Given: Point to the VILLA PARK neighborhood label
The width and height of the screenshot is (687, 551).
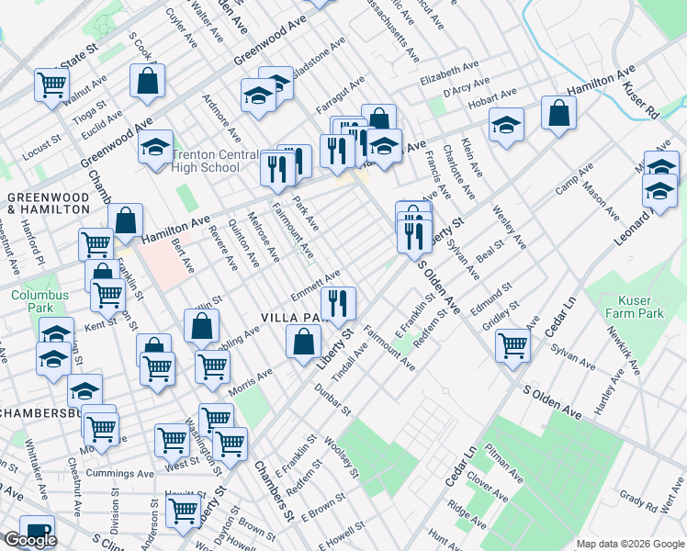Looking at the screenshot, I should (x=296, y=317).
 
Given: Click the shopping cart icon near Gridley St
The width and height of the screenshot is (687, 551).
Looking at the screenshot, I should (x=512, y=345).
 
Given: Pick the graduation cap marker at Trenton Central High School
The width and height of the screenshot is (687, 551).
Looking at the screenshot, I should (x=156, y=145).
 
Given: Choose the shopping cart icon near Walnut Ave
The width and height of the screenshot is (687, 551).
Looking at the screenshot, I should (x=52, y=84).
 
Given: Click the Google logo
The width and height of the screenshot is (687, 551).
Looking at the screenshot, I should (x=30, y=540).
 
